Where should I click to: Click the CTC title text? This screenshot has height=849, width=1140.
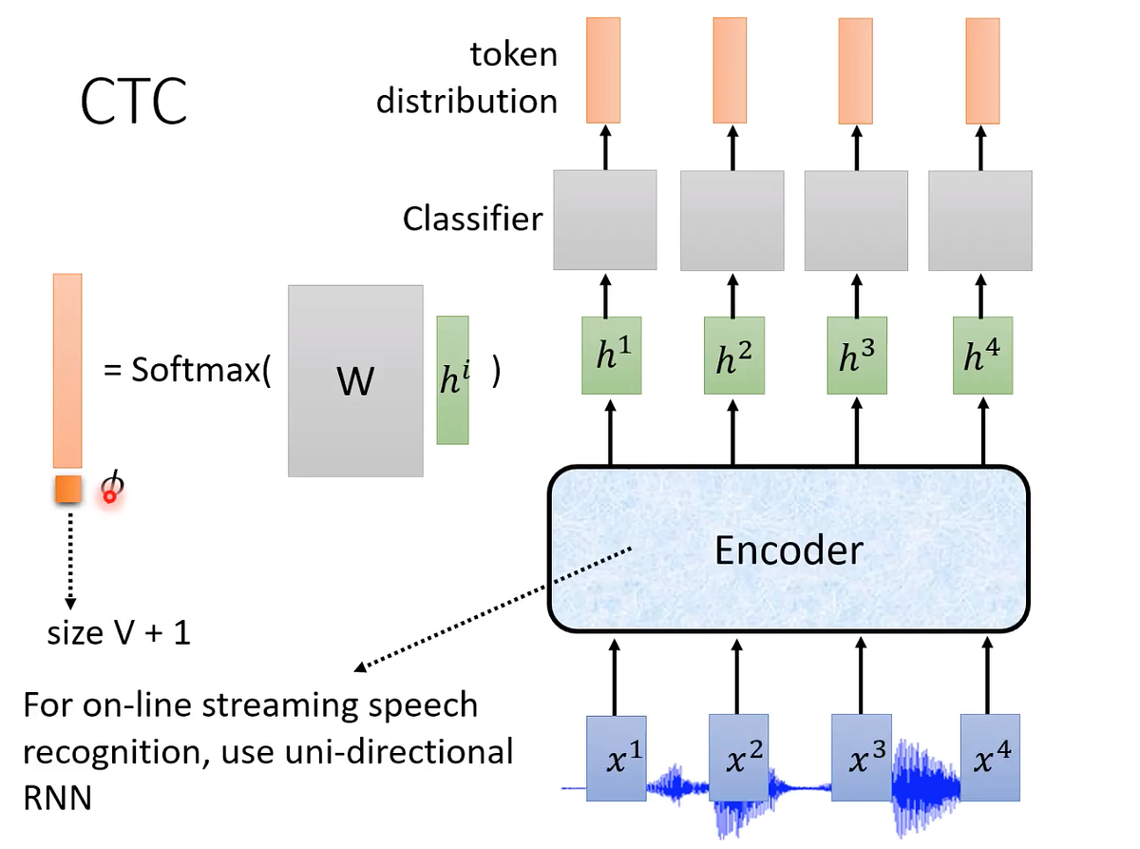click(133, 102)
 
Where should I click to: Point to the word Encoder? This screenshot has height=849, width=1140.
click(789, 549)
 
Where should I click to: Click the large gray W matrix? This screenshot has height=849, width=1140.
click(355, 380)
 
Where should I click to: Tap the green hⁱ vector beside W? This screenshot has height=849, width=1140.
click(452, 380)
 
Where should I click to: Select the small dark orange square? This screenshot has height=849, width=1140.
click(68, 489)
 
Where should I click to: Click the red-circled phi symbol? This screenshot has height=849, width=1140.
click(112, 487)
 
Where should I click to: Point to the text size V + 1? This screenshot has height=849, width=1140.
click(119, 633)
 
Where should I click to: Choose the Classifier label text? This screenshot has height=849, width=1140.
click(472, 220)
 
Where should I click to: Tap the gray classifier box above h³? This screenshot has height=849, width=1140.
click(857, 220)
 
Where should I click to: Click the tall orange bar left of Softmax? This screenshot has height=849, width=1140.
click(67, 371)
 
